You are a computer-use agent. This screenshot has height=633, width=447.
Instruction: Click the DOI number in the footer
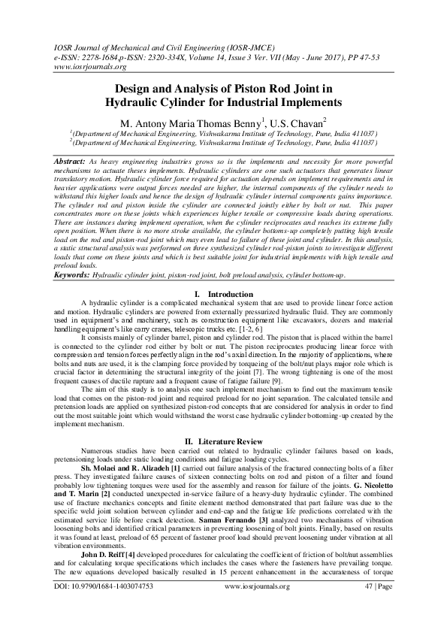point(92,605)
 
